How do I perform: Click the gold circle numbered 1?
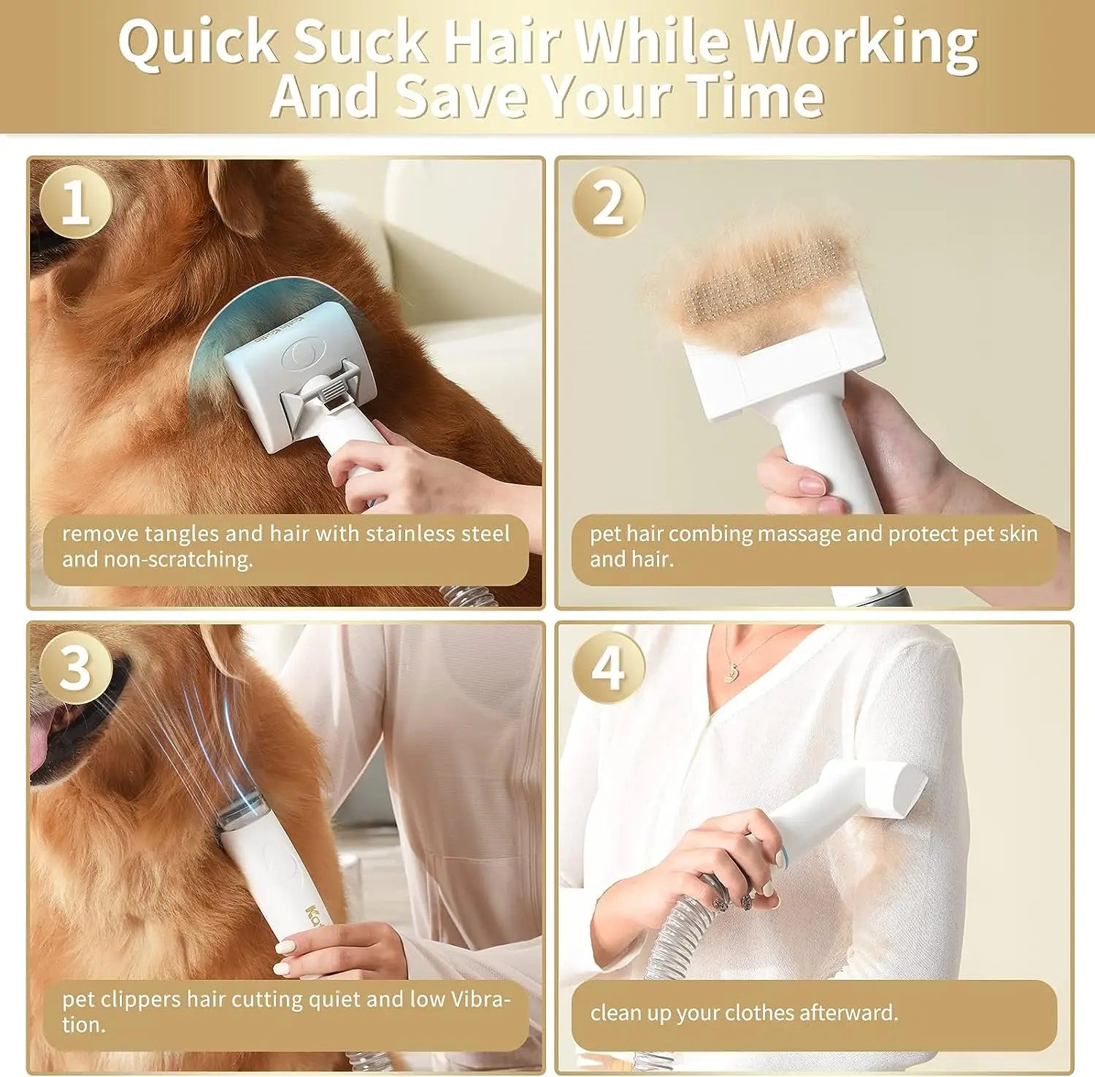coord(76,202)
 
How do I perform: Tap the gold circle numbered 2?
coord(608,202)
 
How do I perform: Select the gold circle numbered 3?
coord(76,667)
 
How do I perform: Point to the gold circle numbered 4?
coord(608,667)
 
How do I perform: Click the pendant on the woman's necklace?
coord(730,676)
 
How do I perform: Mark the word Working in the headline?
coord(861,42)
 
